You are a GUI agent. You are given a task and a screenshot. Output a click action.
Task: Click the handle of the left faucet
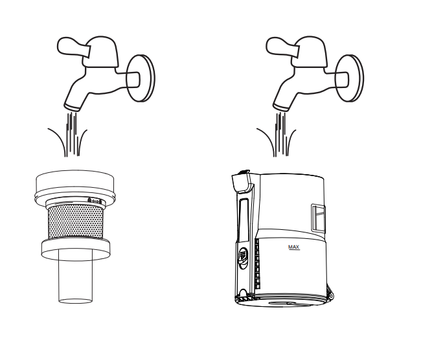(72, 47)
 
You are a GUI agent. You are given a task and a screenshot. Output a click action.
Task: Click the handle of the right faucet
(281, 47)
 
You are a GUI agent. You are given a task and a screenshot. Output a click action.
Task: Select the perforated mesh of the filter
(75, 221)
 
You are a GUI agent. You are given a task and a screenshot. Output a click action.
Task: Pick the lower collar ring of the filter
(75, 249)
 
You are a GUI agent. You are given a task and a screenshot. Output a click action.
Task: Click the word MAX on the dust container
(293, 247)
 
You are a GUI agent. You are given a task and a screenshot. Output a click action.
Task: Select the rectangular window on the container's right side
(318, 218)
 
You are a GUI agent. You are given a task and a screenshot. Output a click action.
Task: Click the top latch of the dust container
(241, 181)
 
